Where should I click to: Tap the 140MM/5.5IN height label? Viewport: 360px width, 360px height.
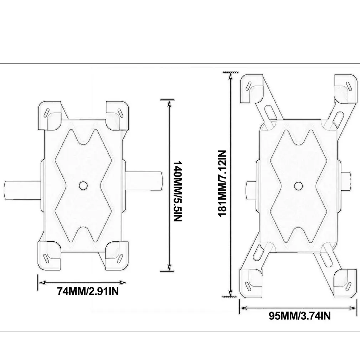pos(178,191)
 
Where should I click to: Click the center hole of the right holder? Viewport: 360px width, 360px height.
pos(298,185)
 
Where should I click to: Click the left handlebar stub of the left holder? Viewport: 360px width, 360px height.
pos(21,188)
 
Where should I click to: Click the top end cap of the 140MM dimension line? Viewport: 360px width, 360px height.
pos(168,100)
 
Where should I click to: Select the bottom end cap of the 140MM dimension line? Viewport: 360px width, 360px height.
pos(168,271)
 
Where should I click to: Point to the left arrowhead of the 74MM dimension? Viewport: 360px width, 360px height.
pos(40,283)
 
